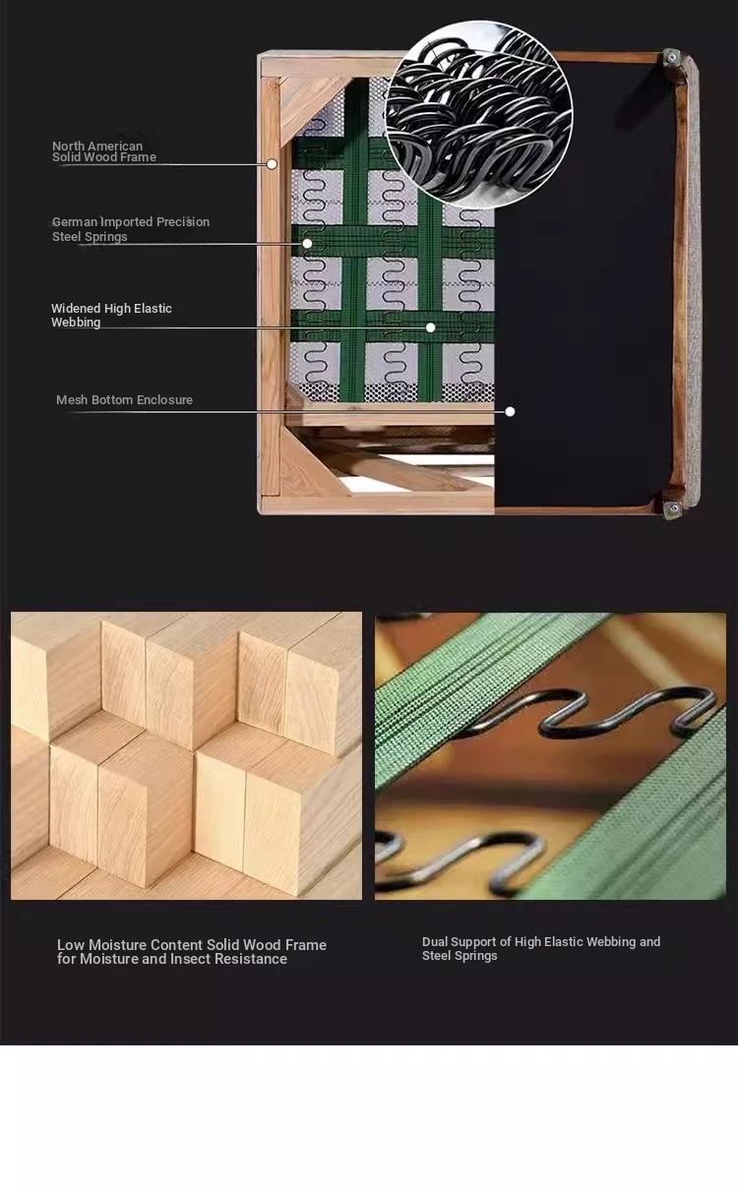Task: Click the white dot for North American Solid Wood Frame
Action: [x=272, y=164]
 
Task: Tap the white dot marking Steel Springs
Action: [x=308, y=244]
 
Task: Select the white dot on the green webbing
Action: [x=430, y=328]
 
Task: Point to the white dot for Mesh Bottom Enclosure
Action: [x=510, y=411]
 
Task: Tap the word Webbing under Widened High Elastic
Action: [x=76, y=323]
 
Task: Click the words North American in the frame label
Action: [x=97, y=146]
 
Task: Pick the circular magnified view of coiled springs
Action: [x=478, y=114]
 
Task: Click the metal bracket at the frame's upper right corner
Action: [x=672, y=57]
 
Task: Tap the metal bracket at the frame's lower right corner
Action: [x=672, y=509]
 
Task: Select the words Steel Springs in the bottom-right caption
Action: [x=460, y=956]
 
